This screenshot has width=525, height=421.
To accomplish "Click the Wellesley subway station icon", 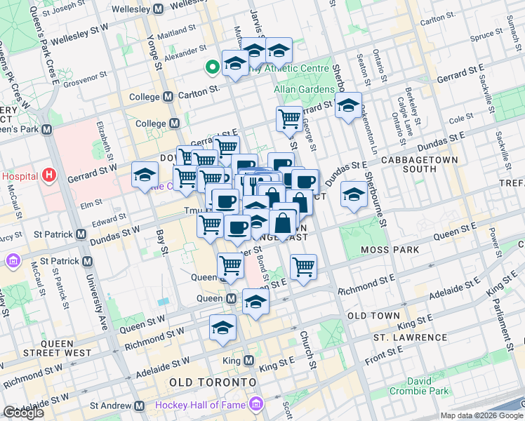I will pos(158,9).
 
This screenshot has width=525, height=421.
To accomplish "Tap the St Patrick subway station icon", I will pos(87,261).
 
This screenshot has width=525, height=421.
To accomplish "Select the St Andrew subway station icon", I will pos(140,406).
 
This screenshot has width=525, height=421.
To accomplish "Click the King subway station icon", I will pos(248,361).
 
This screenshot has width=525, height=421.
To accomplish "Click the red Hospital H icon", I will pos(48,175).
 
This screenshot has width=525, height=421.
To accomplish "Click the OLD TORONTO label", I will pos(212,382).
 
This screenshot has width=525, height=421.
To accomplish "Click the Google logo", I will pos(23,413).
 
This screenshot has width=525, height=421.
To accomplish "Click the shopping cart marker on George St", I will pos(289,119).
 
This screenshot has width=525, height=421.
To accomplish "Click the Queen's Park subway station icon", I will pos(47,130).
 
